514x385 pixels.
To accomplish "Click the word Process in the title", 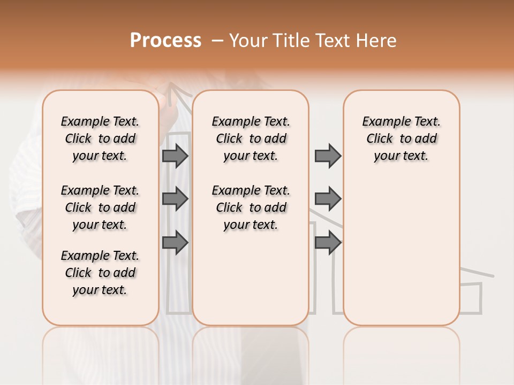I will click(165, 41).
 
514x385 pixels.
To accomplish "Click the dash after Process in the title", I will click(217, 41).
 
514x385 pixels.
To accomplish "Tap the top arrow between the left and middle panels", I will click(175, 156).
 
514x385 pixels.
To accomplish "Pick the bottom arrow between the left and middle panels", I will click(175, 243).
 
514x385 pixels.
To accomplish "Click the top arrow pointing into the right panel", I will click(328, 156).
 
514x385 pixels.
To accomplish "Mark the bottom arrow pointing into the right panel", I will click(328, 243).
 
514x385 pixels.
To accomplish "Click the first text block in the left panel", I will click(100, 139).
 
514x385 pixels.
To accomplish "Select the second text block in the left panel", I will click(100, 207).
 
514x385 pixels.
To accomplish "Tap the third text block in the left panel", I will click(100, 273).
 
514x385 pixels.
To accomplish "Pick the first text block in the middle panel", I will click(251, 139).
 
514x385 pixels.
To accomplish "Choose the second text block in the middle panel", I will click(251, 207).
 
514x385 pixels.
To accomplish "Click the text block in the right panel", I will click(401, 139).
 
